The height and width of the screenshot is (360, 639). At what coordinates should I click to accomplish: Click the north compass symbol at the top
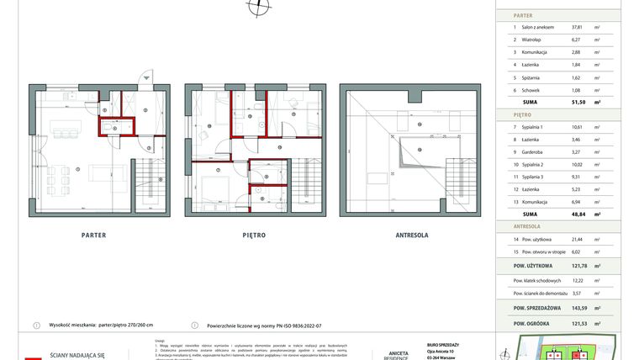[258, 7]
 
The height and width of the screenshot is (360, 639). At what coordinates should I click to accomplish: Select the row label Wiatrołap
[535, 39]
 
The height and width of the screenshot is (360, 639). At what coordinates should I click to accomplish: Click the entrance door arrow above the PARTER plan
[147, 77]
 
